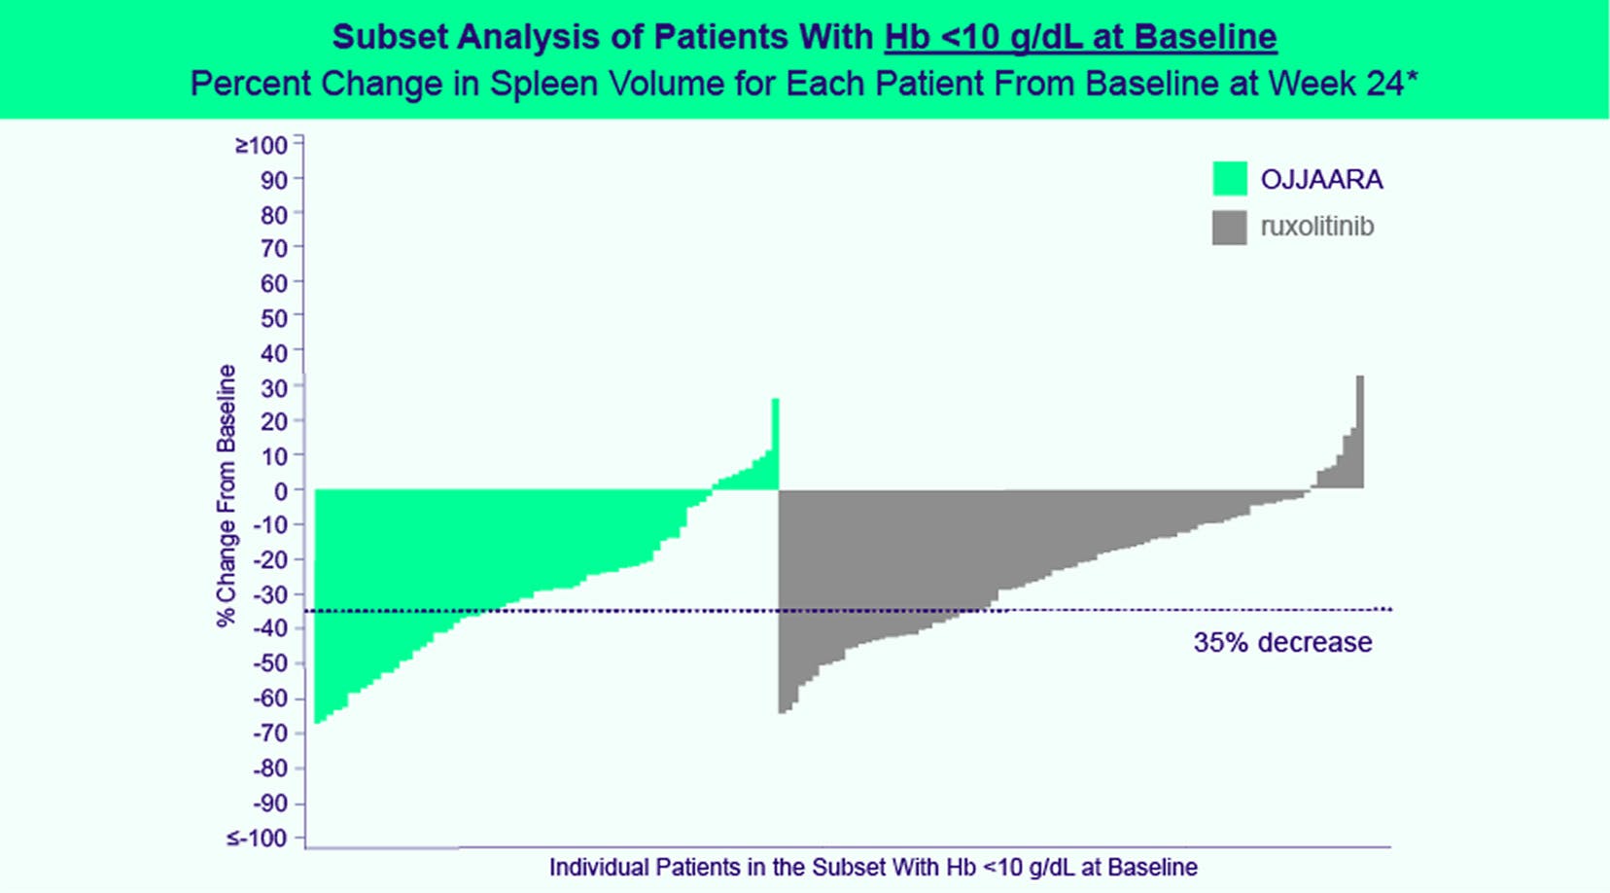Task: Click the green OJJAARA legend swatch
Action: (1230, 179)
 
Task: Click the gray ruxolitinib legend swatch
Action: (1230, 227)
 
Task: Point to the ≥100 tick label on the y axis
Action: (262, 146)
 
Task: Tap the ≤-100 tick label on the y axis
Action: (258, 839)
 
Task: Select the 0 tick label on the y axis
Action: (281, 492)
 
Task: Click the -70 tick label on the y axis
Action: (270, 733)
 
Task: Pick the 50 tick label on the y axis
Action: (274, 318)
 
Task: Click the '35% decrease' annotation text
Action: (1282, 643)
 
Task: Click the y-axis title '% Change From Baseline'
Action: (227, 495)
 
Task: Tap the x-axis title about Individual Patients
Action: (873, 868)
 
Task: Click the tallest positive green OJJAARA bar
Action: (775, 443)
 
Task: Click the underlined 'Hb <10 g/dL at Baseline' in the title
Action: (1080, 37)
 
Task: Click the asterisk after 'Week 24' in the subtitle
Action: (1412, 79)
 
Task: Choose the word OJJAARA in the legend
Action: (1321, 180)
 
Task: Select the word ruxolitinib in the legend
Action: (1317, 227)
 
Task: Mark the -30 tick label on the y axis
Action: (270, 595)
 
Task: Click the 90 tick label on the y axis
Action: (274, 180)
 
